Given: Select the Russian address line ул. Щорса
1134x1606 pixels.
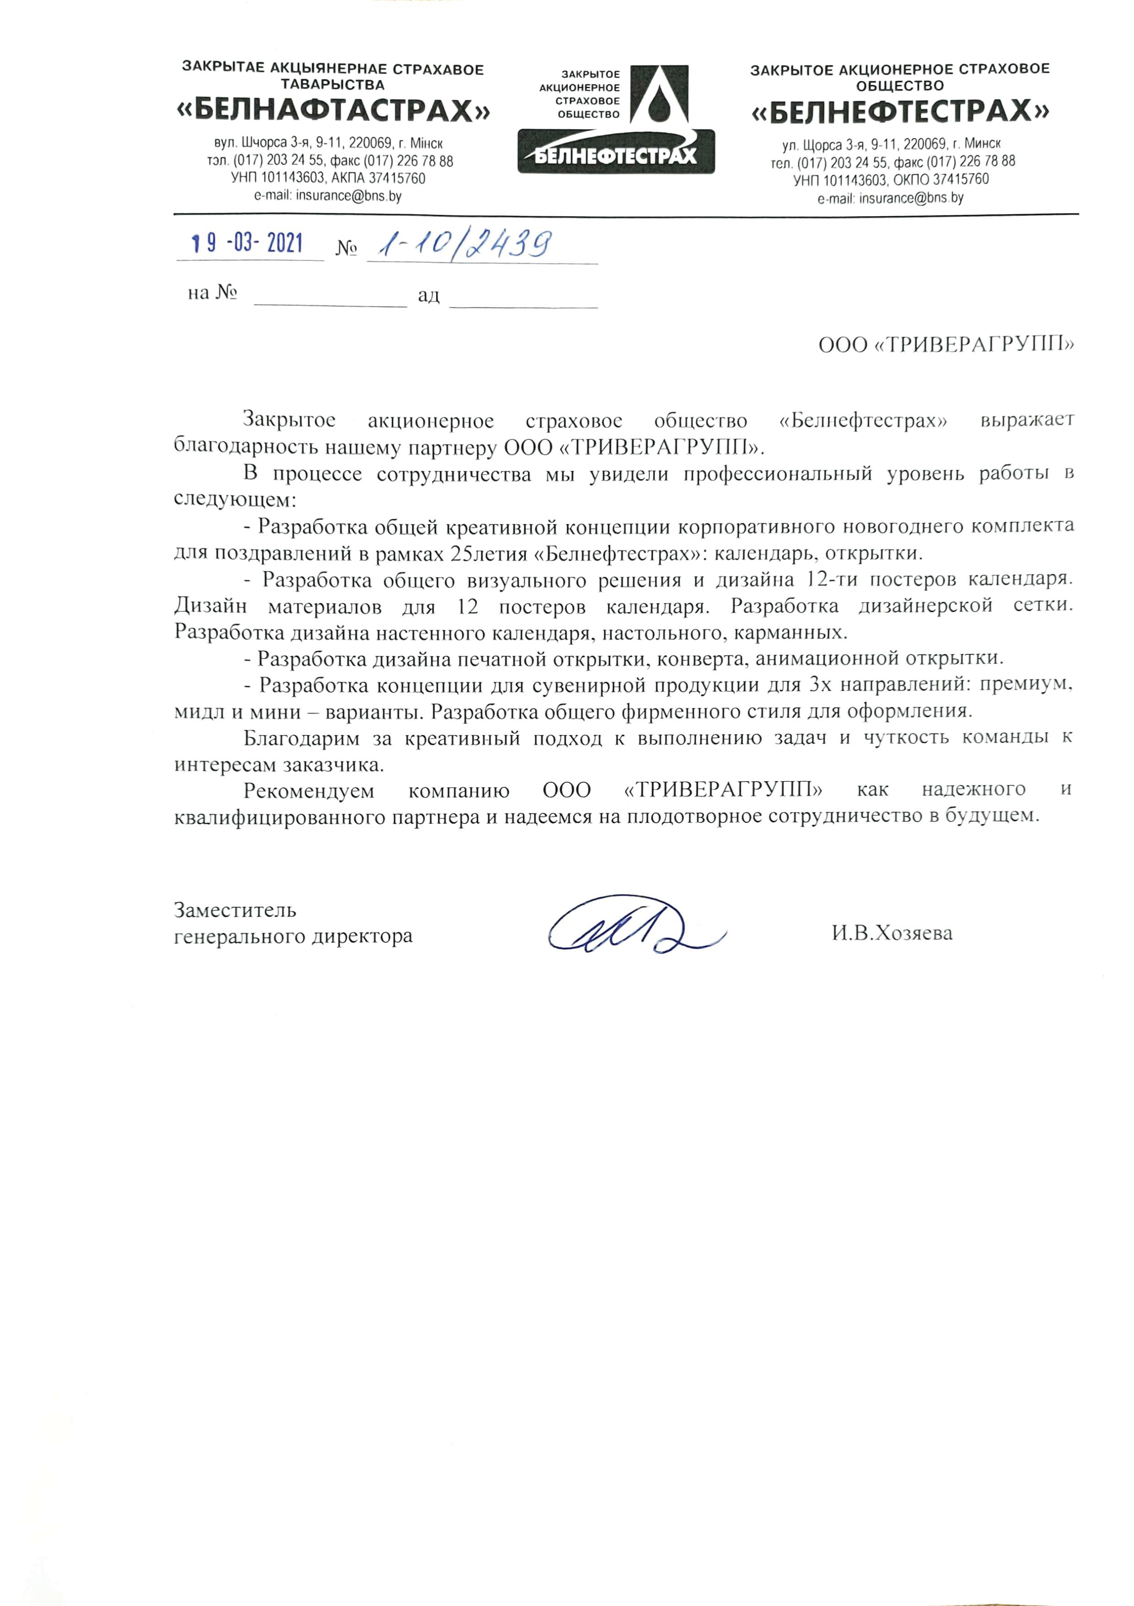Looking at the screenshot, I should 892,145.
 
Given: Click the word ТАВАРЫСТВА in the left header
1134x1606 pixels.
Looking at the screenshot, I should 332,85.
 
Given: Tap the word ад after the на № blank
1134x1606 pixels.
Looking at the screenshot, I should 429,295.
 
